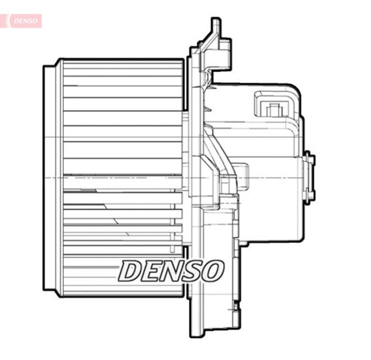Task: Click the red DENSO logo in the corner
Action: click(x=24, y=21)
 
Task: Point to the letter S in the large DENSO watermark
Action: click(x=192, y=271)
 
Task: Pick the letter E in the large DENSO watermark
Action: click(x=151, y=271)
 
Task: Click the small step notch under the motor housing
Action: click(x=243, y=242)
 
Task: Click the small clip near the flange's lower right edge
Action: click(x=236, y=306)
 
